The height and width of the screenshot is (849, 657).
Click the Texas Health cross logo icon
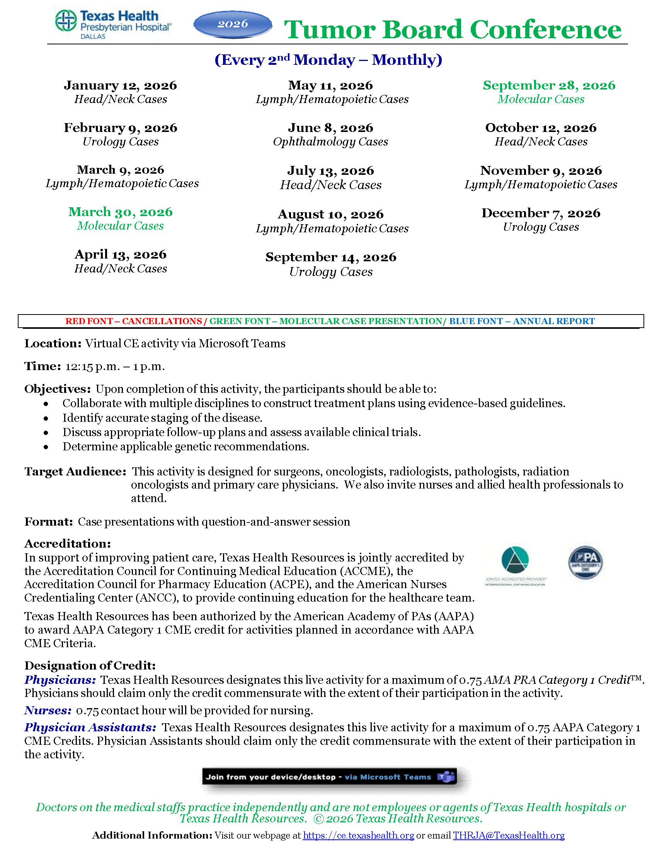[66, 20]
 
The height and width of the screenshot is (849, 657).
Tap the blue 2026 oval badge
[232, 24]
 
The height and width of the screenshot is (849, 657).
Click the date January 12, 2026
[120, 86]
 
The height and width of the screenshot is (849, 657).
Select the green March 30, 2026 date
[120, 212]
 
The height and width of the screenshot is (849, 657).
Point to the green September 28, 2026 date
[549, 86]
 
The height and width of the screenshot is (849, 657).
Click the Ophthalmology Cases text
[330, 142]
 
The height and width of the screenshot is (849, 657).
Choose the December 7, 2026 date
[541, 213]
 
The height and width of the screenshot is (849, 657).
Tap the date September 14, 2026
[330, 257]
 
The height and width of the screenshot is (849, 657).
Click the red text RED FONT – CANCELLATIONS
[133, 321]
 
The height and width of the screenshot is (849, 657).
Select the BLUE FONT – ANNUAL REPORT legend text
[522, 321]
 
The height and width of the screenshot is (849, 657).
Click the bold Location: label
[53, 343]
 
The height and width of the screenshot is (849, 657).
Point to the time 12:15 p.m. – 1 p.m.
[115, 367]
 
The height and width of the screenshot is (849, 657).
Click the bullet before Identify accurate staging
[46, 419]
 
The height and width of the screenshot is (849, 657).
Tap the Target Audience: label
[75, 472]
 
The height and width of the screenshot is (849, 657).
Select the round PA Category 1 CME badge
[585, 563]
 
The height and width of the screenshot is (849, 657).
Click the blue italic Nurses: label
[48, 710]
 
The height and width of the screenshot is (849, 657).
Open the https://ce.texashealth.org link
[358, 835]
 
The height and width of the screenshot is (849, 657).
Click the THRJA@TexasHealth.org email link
[508, 835]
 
